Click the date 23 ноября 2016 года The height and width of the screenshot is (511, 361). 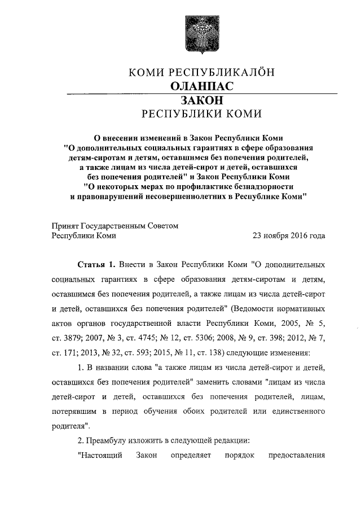pos(289,236)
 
